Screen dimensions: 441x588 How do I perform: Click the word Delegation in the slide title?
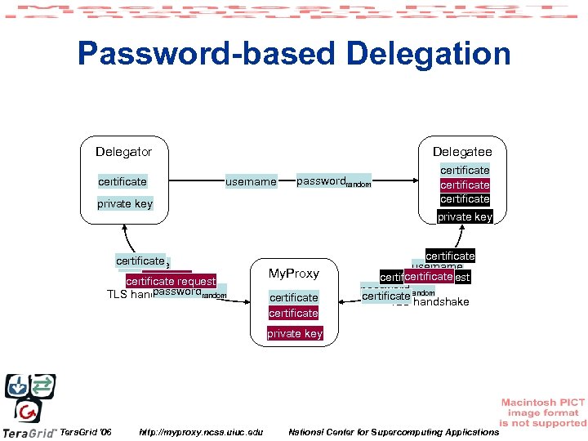coord(429,54)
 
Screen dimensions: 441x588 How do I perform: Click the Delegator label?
coord(123,152)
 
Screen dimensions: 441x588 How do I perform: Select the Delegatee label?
coord(462,152)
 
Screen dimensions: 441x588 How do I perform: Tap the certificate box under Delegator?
coord(122,181)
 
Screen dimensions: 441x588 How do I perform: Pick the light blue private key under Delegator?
coord(125,204)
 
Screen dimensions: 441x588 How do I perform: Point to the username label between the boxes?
coord(251,181)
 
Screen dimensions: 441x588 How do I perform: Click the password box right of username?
coord(332,181)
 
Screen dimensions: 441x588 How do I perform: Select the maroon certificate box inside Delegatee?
coord(465,185)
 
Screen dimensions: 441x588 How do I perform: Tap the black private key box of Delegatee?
coord(465,216)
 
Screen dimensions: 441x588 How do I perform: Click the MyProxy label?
coord(293,273)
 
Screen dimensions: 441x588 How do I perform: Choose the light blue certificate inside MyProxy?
coord(293,297)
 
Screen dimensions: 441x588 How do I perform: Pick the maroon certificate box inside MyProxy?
coord(293,313)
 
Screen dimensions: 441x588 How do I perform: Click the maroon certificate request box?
coord(171,282)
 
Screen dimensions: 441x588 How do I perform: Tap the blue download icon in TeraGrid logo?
coord(17,385)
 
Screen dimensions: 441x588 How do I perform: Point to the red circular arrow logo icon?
coord(29,411)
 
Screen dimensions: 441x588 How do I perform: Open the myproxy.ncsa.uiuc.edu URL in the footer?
coord(201,431)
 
